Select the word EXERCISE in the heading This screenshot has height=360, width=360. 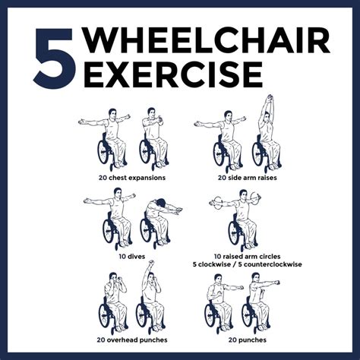pyautogui.click(x=171, y=74)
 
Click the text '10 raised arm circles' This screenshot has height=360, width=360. pyautogui.click(x=236, y=256)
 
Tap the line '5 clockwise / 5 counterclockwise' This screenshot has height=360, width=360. pyautogui.click(x=236, y=265)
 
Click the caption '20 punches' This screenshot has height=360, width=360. pyautogui.click(x=237, y=339)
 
